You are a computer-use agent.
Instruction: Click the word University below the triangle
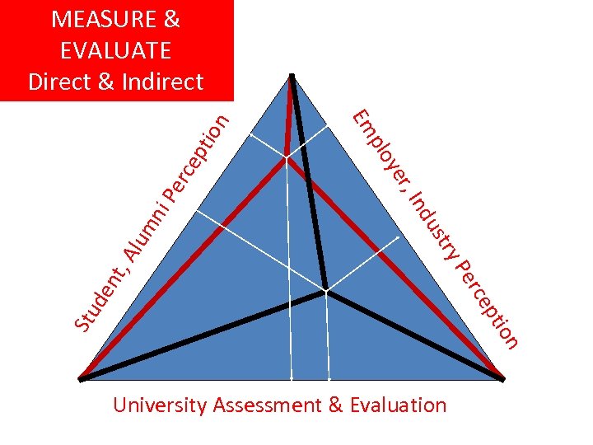160,405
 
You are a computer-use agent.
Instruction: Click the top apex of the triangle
292,77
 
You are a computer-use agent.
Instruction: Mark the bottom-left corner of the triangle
82,379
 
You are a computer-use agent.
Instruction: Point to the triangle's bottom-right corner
502,379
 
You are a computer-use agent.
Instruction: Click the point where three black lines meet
326,290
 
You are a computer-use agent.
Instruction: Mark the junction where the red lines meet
287,157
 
